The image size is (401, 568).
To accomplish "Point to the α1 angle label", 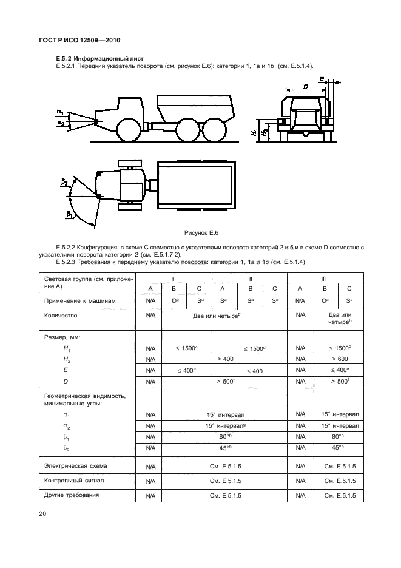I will (61, 112).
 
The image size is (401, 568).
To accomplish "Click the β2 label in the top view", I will (64, 182).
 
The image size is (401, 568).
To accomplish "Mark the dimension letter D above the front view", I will (306, 87).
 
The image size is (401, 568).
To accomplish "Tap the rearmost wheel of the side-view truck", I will (214, 130).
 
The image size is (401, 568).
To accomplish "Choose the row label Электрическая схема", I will (76, 466).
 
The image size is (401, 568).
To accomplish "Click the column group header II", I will (249, 278).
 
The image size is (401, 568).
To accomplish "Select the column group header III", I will (323, 278).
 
